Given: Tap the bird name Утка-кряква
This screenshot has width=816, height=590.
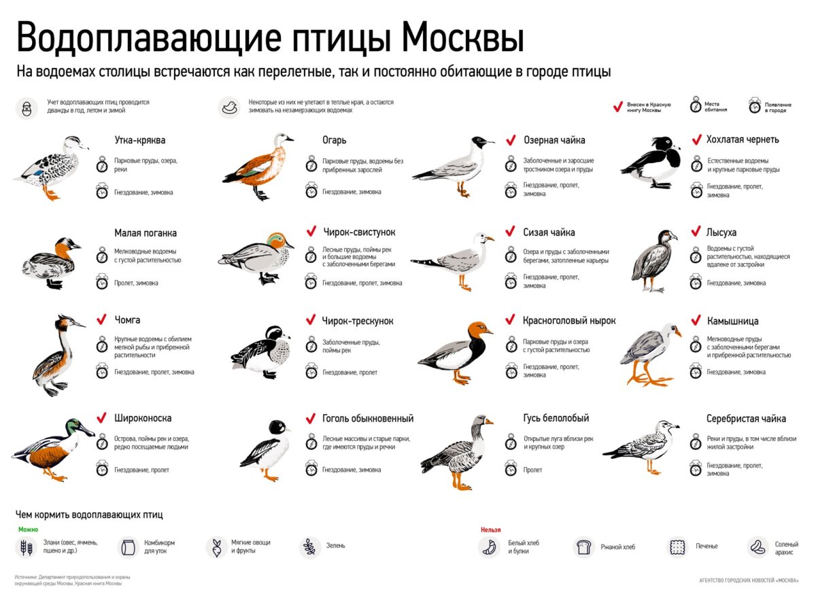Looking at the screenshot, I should pyautogui.click(x=140, y=140).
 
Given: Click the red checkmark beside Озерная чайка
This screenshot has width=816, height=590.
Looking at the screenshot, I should pyautogui.click(x=511, y=140).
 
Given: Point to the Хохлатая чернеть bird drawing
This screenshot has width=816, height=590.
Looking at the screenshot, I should pyautogui.click(x=651, y=162).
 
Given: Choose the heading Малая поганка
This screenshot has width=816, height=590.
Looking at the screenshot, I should pyautogui.click(x=146, y=233).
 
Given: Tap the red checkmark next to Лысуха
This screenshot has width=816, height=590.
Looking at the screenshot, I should pyautogui.click(x=696, y=232).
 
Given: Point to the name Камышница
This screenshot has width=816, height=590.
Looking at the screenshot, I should pyautogui.click(x=732, y=321).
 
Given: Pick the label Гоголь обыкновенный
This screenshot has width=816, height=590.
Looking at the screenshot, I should pyautogui.click(x=367, y=419).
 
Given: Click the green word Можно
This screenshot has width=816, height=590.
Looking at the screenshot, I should pyautogui.click(x=28, y=530).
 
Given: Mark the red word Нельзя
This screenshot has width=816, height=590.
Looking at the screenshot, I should pyautogui.click(x=490, y=530).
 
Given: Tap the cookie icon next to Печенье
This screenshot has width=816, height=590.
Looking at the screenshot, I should pyautogui.click(x=677, y=546).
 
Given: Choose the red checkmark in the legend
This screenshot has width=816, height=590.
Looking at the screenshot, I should pyautogui.click(x=617, y=106).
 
